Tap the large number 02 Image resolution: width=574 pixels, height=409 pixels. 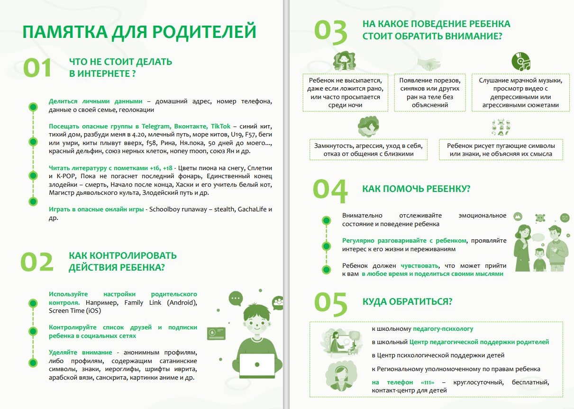[x=37, y=262]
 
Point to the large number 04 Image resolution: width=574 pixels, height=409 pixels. [x=330, y=189]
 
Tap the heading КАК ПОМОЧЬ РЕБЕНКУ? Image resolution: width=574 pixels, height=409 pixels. [x=416, y=189]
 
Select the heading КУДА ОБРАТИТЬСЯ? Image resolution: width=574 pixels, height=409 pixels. [x=407, y=302]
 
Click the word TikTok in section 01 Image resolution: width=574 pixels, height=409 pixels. [x=220, y=126]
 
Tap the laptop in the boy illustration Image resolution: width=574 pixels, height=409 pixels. [x=256, y=365]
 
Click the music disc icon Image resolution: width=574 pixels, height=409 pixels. [x=520, y=62]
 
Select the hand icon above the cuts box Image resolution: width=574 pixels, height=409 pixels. [x=429, y=64]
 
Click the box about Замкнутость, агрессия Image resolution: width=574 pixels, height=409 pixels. [x=368, y=149]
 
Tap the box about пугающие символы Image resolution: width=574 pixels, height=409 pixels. [x=501, y=149]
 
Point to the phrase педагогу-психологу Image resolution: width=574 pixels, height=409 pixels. [x=443, y=328]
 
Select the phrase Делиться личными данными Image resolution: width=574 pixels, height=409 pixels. [x=95, y=101]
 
